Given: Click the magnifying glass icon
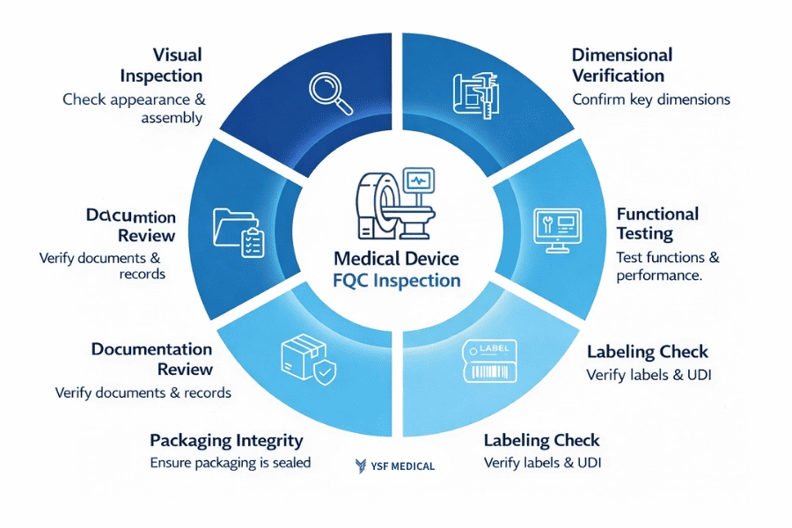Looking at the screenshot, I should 331,92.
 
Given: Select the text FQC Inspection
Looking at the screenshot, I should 397,281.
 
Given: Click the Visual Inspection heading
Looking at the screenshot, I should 162,65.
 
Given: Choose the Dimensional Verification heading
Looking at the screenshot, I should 622,65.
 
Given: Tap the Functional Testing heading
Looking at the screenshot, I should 657,224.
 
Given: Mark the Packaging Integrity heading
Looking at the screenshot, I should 226,440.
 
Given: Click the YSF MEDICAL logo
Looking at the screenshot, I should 395,466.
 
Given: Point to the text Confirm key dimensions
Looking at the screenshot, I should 650,99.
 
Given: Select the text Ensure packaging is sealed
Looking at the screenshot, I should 230,462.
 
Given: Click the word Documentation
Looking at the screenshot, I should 151,350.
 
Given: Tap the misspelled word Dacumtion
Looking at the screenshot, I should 131,216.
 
